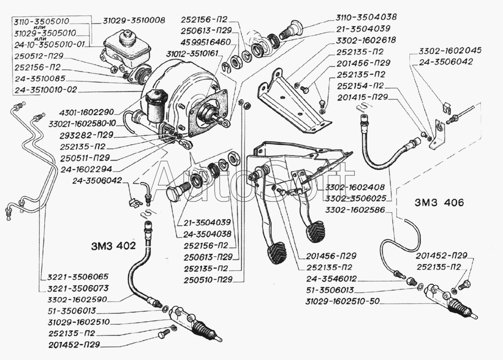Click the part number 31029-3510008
pos(134,21)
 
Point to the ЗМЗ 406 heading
pos(439,204)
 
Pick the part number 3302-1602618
pos(366,40)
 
